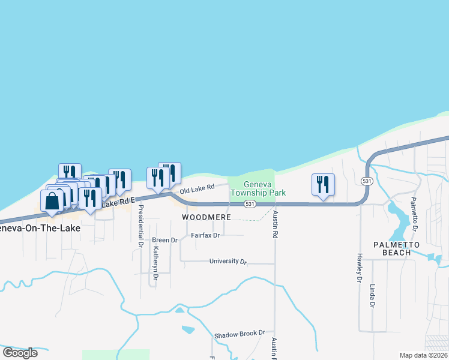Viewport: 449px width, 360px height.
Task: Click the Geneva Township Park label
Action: pyautogui.click(x=265, y=188)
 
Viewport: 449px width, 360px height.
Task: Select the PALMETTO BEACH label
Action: pyautogui.click(x=392, y=248)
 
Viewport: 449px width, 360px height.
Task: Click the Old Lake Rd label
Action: pyautogui.click(x=197, y=189)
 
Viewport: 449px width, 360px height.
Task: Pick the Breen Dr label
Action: pyautogui.click(x=165, y=240)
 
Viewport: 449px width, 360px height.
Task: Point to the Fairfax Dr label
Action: pyautogui.click(x=205, y=235)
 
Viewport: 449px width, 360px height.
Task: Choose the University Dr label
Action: pyautogui.click(x=228, y=262)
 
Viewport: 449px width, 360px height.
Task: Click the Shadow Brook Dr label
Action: pyautogui.click(x=240, y=333)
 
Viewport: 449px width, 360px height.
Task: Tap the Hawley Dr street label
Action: pyautogui.click(x=360, y=267)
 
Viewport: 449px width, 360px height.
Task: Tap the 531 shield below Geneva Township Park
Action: pyautogui.click(x=251, y=205)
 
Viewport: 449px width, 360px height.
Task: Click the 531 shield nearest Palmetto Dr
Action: pyautogui.click(x=367, y=181)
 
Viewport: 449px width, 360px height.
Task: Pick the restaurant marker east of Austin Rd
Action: pyautogui.click(x=323, y=185)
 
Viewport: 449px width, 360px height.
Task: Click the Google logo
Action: pyautogui.click(x=20, y=353)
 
